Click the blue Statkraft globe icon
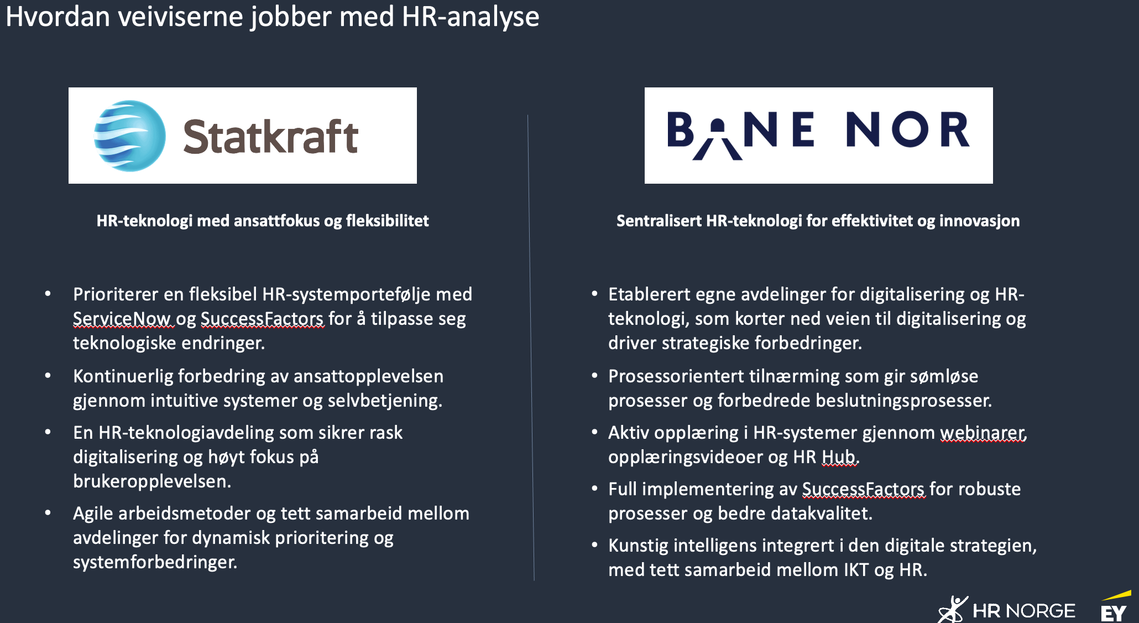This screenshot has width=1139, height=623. (130, 136)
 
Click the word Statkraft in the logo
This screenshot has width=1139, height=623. (270, 137)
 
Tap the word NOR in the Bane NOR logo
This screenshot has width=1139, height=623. (907, 130)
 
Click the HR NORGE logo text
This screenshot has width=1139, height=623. (1023, 611)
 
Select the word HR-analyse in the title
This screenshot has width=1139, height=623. (470, 17)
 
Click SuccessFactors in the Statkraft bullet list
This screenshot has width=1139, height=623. (262, 319)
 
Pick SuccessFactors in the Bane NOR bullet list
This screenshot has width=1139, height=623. (863, 489)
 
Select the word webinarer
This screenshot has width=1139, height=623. (983, 433)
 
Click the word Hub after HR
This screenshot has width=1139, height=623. (839, 457)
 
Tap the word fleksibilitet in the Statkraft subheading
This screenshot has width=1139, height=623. (387, 221)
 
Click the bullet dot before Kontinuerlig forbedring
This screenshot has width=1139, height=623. (48, 376)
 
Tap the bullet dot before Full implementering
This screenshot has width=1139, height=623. (594, 489)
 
